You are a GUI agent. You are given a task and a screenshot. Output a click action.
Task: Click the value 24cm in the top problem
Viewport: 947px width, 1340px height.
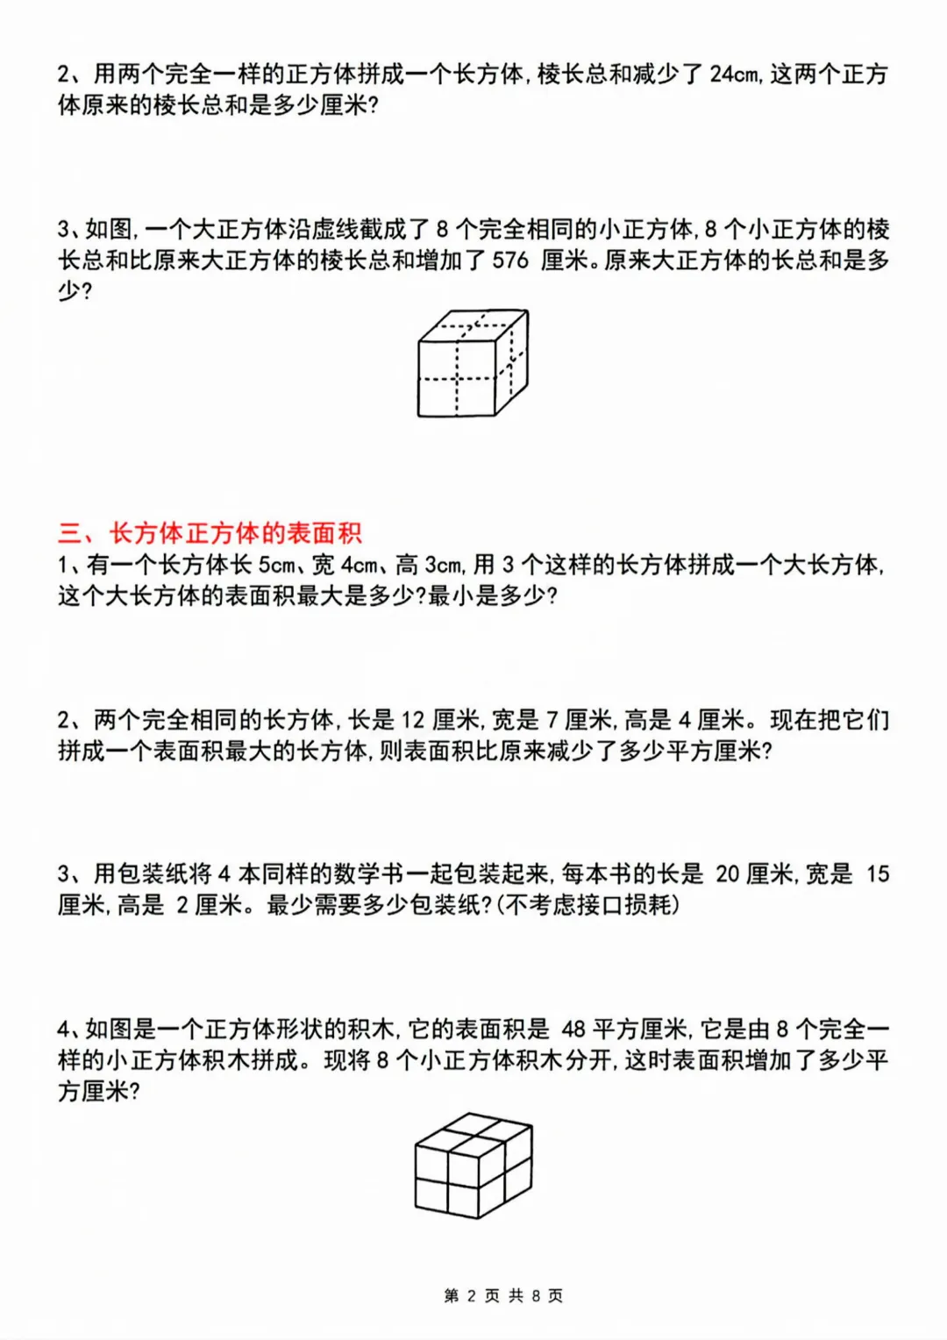click(x=734, y=74)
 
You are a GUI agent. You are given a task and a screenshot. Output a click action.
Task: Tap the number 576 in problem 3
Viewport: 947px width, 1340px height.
click(x=510, y=260)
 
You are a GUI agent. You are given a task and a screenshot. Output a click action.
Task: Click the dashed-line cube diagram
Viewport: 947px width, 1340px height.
click(x=473, y=362)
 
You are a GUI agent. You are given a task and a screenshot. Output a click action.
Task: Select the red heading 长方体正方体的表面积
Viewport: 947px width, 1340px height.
click(x=235, y=533)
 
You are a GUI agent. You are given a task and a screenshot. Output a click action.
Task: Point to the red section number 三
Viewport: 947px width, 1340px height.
click(x=70, y=533)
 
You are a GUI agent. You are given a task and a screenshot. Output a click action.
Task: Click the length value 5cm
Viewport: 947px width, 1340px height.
click(x=276, y=565)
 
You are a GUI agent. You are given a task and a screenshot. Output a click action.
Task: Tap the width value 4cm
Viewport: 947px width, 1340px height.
click(x=359, y=565)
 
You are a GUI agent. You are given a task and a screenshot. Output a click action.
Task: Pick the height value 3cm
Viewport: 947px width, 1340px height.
click(x=443, y=565)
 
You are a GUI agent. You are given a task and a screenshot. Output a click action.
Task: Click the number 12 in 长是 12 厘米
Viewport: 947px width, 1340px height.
click(x=412, y=720)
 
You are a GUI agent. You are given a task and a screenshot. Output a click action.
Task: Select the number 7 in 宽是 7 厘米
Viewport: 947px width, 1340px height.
click(x=552, y=720)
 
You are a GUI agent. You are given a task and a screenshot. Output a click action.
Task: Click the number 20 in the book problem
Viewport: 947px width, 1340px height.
click(x=728, y=873)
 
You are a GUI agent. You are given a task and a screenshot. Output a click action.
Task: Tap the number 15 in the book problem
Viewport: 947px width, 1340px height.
click(x=878, y=873)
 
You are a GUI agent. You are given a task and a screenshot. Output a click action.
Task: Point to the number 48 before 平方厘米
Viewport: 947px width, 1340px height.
click(x=573, y=1029)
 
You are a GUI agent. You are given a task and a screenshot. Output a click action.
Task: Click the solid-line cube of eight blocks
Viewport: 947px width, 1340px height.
click(x=473, y=1165)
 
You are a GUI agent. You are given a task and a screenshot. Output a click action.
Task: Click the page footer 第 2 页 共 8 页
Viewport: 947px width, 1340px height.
click(x=503, y=1295)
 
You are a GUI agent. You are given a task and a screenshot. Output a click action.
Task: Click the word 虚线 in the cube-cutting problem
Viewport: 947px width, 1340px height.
click(x=335, y=230)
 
